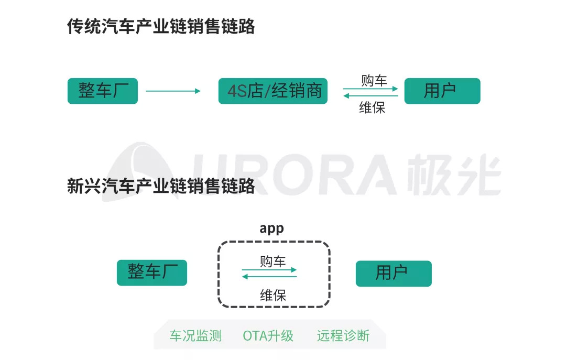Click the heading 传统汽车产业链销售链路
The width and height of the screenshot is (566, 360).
click(161, 27)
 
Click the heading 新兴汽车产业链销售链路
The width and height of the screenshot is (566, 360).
click(161, 186)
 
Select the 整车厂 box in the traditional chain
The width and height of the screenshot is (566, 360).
click(103, 91)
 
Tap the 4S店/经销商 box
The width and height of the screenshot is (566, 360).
click(273, 91)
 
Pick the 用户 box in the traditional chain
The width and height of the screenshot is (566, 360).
click(442, 91)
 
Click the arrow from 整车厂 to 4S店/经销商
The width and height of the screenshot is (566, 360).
click(173, 91)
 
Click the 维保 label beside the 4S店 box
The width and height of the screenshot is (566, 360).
click(372, 108)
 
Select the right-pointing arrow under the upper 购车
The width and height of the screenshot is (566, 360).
click(371, 89)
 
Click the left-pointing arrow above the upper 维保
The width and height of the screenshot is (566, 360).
click(371, 96)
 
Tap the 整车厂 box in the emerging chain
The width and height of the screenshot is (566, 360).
click(152, 272)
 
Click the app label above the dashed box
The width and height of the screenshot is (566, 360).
click(271, 229)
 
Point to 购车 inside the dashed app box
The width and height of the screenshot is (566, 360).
click(273, 261)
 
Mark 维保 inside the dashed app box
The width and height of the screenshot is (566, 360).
click(273, 295)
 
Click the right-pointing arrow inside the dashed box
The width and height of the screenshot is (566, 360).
click(269, 270)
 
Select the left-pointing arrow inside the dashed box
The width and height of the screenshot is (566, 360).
click(269, 277)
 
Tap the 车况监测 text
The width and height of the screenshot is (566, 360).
click(195, 336)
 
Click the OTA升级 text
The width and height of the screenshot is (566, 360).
click(268, 336)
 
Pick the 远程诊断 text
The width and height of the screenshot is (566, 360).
click(343, 336)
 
